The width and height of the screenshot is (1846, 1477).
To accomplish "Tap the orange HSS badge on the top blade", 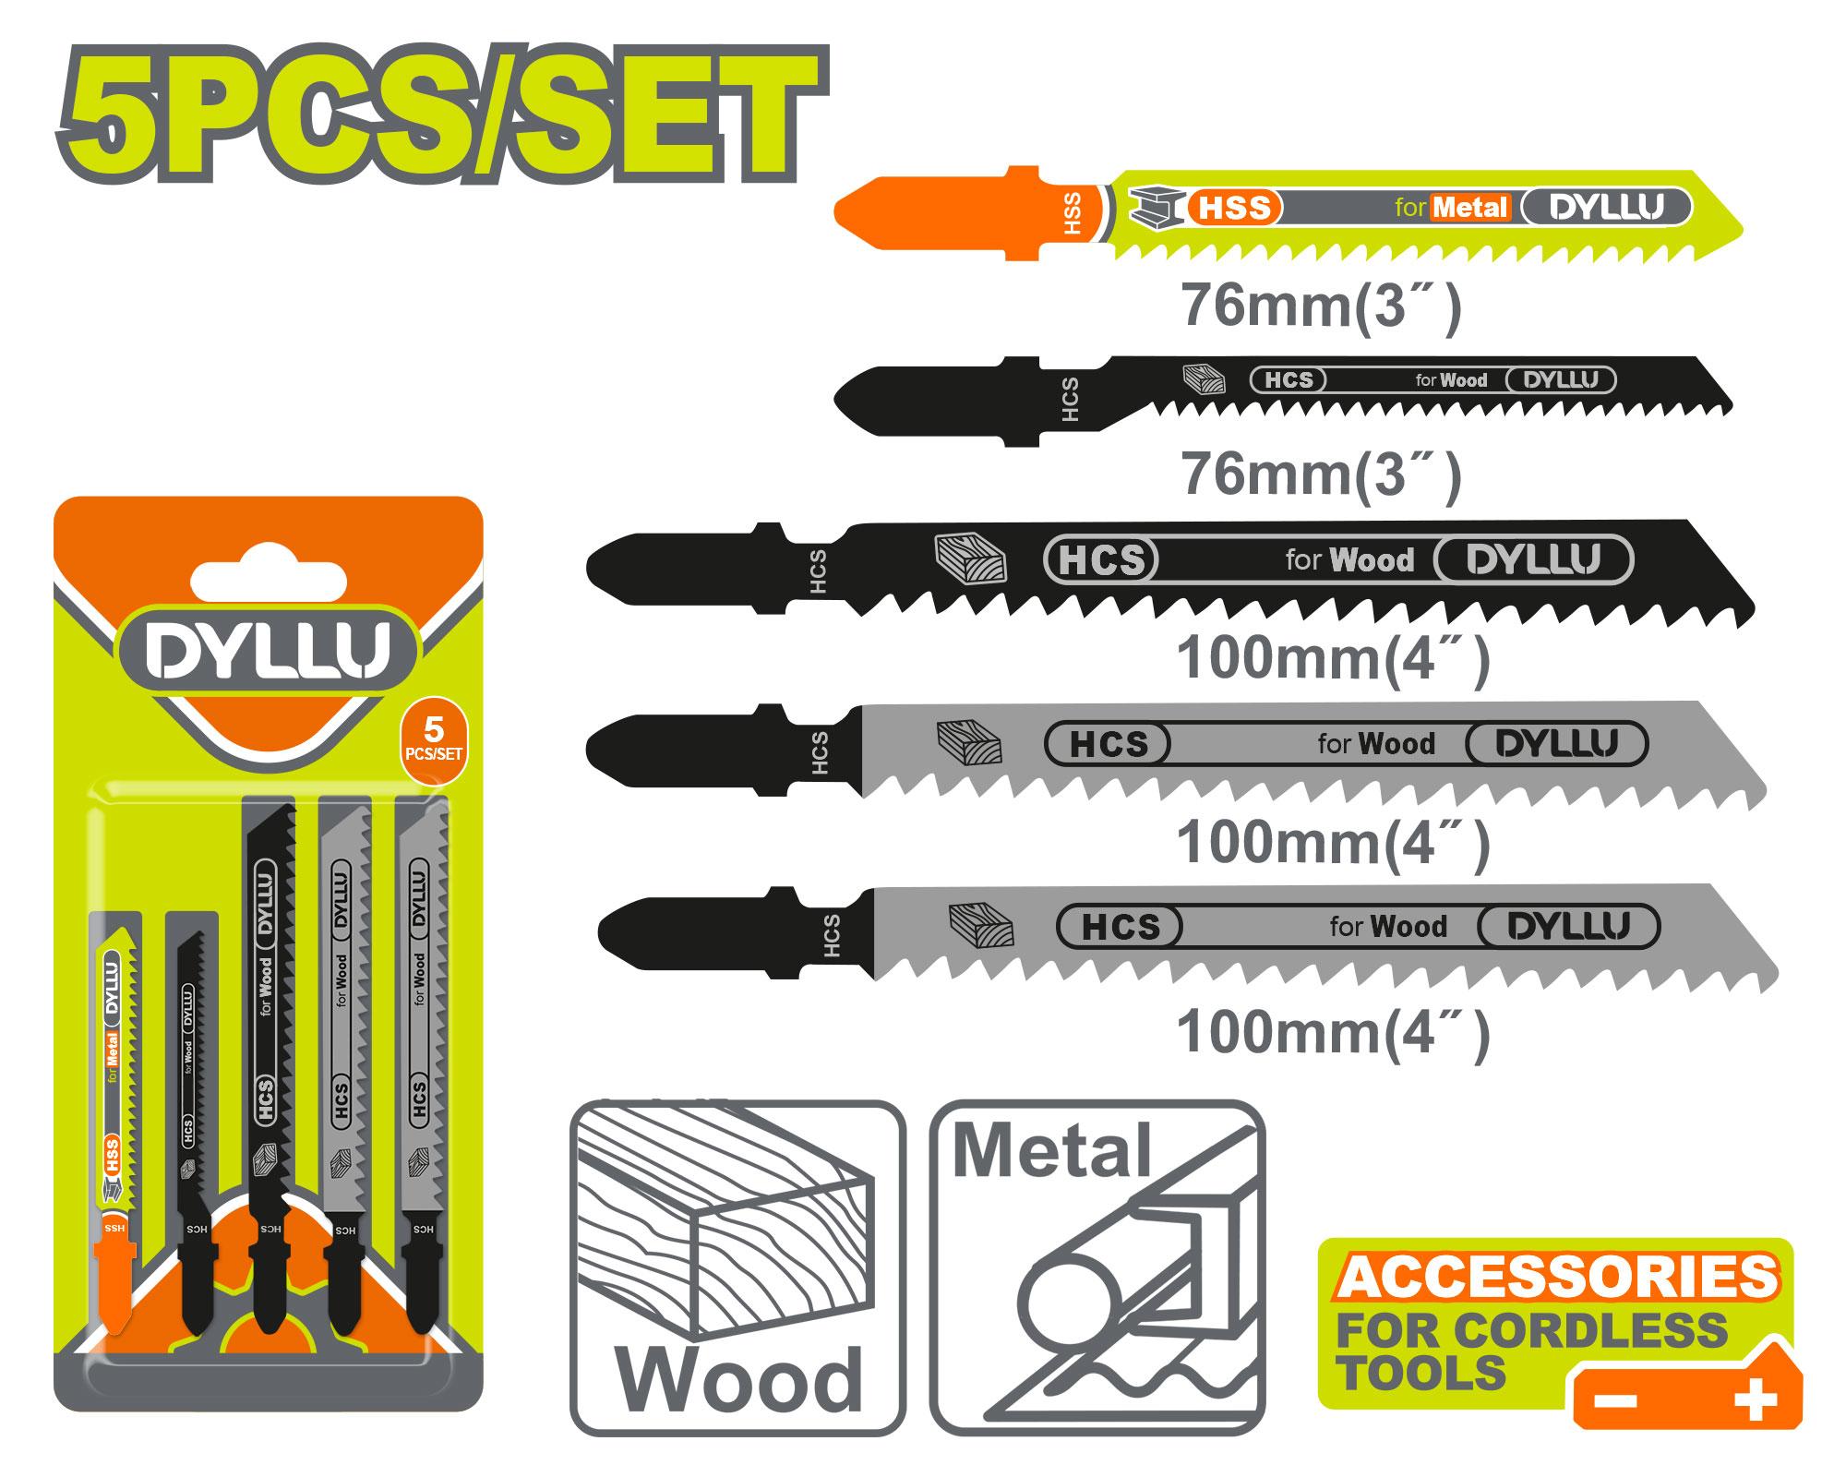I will [1235, 209].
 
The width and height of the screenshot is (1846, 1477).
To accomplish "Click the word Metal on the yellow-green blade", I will [1470, 208].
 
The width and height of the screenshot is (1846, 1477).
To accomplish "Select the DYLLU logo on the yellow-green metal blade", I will [1606, 208].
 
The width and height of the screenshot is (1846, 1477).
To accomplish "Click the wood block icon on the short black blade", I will [1204, 379].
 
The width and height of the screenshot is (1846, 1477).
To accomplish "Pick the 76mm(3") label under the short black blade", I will [1321, 475].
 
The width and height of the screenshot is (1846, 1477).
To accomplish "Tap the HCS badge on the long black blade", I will [1101, 560].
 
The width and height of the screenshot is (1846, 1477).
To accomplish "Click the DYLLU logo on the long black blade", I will [1533, 560].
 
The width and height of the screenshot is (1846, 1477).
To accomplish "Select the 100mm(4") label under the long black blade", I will [1333, 659].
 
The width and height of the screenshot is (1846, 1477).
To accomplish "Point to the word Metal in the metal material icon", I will [1051, 1150].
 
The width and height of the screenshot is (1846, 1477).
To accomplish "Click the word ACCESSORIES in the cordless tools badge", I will [1557, 1277].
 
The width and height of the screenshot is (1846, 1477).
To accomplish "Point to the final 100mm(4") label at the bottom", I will [1333, 1032].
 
